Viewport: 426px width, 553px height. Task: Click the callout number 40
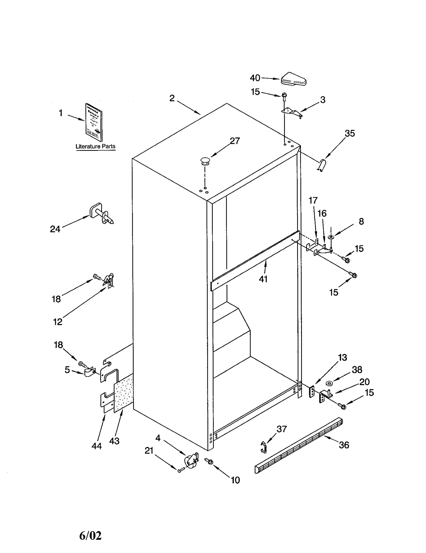tap(255, 78)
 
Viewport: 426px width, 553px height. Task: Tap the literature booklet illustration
tap(94, 122)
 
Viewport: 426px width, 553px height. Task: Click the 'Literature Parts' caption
tap(95, 146)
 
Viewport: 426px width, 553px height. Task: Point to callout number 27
tap(235, 141)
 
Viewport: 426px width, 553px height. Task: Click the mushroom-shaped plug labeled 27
tap(205, 161)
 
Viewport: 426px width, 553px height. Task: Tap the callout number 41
tap(263, 279)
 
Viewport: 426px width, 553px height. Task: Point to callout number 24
tap(55, 229)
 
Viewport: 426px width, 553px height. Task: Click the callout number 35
tap(350, 133)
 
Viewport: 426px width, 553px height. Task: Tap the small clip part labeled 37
tap(263, 447)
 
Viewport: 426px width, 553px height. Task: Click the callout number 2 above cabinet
tap(172, 98)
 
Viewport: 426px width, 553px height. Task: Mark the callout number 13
tap(342, 357)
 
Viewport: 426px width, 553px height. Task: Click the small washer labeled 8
tap(331, 237)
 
